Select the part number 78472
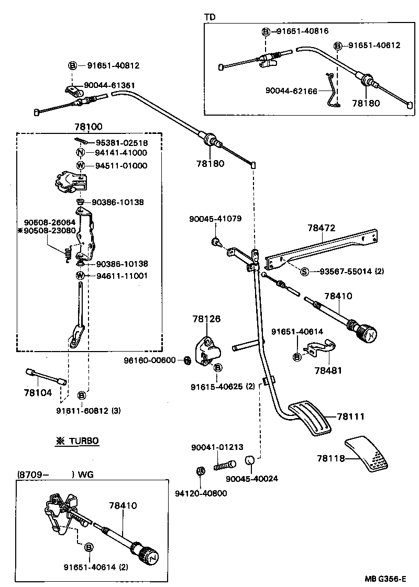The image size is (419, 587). click(322, 228)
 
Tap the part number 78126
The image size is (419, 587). click(206, 319)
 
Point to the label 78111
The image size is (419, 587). click(351, 416)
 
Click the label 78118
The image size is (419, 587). click(331, 458)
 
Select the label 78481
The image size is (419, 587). click(328, 370)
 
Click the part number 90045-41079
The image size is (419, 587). click(215, 219)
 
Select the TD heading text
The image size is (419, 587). click(210, 16)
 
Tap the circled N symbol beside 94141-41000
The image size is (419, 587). click(80, 153)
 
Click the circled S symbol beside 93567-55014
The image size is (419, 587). click(304, 271)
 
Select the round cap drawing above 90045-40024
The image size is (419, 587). click(249, 461)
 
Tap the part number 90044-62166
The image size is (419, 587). click(292, 91)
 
